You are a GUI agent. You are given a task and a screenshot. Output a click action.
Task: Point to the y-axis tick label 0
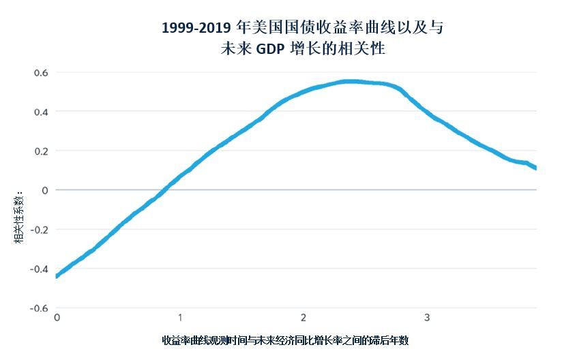click(45, 190)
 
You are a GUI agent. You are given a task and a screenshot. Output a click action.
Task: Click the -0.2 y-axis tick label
click(39, 230)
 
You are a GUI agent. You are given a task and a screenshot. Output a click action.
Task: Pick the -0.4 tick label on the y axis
click(39, 269)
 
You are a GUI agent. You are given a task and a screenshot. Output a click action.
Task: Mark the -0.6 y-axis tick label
click(39, 308)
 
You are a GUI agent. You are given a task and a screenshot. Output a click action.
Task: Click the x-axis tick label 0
click(57, 318)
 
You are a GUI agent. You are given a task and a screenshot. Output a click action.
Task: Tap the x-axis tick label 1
click(180, 318)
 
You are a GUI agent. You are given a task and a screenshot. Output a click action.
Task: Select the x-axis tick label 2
click(303, 318)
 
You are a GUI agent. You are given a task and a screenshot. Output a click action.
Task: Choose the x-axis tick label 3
click(426, 318)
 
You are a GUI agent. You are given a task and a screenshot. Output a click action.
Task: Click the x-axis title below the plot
click(285, 340)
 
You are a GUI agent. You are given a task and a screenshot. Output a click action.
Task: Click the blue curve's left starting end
click(57, 276)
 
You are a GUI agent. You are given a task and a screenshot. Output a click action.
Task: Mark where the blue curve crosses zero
click(166, 190)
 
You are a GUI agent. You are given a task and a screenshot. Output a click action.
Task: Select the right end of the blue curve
click(535, 167)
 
